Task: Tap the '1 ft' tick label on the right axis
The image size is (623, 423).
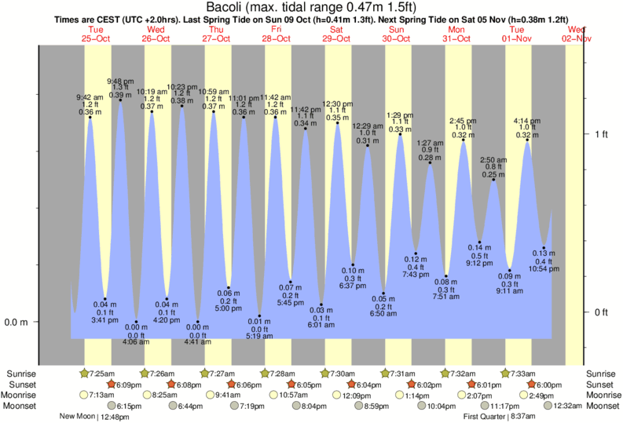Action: [601, 134]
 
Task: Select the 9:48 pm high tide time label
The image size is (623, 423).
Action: [120, 81]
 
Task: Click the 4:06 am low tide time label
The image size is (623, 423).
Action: [136, 341]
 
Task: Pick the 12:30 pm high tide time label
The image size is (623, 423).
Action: [338, 104]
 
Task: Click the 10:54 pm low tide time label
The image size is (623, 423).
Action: [544, 268]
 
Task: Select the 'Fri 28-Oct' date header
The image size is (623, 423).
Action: [277, 33]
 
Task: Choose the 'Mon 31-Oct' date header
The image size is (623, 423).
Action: [457, 33]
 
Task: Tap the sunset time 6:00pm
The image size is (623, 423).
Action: [547, 385]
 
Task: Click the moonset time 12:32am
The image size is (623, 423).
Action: [567, 406]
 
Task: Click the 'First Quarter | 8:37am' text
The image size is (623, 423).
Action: [500, 417]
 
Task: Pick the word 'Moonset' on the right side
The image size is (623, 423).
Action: [603, 406]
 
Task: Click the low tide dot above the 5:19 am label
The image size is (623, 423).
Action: [259, 316]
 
